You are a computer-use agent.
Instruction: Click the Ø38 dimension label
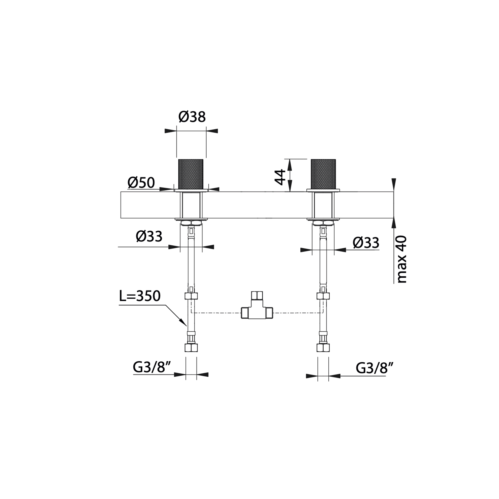tap(192, 117)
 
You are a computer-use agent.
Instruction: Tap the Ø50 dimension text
tap(141, 183)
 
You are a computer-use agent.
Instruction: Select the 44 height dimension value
tap(280, 177)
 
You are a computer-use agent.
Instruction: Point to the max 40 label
tap(402, 259)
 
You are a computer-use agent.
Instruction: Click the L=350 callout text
tap(140, 296)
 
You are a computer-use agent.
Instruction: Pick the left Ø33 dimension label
tap(149, 237)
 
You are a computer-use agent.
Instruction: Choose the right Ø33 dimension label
tap(366, 243)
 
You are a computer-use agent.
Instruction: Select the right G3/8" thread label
tap(375, 369)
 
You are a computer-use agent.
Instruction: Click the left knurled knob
tap(191, 174)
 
